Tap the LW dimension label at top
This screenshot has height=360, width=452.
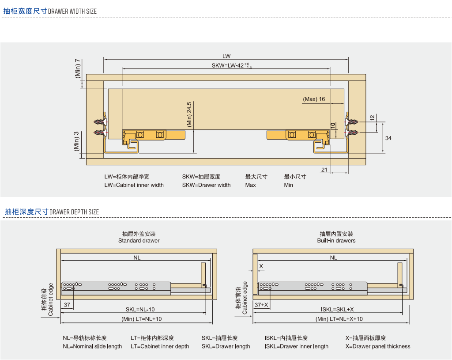[226, 56]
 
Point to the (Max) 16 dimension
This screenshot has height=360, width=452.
[314, 99]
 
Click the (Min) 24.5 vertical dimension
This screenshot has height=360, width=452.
[189, 115]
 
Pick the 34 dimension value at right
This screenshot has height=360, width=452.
[388, 138]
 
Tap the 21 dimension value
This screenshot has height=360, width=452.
[324, 170]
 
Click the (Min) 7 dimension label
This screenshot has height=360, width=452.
[78, 68]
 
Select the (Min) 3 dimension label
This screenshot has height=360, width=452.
[76, 141]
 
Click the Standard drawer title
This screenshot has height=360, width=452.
[139, 241]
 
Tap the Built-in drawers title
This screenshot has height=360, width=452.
[336, 241]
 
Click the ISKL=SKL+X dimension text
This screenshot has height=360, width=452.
[337, 310]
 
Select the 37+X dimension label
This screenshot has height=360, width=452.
[261, 305]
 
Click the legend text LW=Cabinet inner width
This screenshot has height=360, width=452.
[134, 185]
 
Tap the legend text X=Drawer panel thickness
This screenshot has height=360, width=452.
[378, 346]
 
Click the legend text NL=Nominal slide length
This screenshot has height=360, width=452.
[92, 346]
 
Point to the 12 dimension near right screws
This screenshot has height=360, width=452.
[372, 117]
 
